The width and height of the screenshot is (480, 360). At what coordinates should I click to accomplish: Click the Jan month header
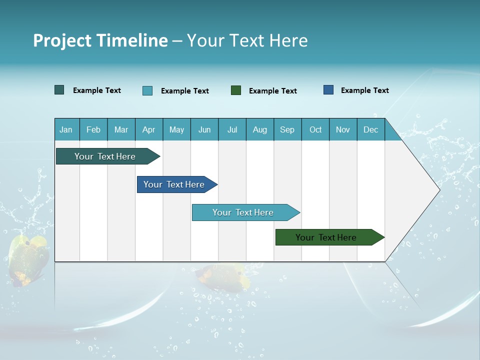click(66, 129)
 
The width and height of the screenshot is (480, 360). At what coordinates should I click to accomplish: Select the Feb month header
click(93, 129)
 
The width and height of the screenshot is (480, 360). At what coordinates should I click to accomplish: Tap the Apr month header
click(149, 129)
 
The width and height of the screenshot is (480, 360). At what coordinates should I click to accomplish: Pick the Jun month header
click(204, 129)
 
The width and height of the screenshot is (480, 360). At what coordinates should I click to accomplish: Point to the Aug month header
click(260, 129)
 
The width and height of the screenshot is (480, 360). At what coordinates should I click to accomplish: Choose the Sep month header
click(287, 129)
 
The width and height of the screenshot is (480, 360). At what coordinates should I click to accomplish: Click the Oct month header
click(315, 129)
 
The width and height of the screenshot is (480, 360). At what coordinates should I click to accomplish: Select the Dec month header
click(371, 129)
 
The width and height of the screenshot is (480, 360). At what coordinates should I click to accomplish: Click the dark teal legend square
click(59, 90)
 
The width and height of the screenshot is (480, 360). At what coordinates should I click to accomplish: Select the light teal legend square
click(147, 90)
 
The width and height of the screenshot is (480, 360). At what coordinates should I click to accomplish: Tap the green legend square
click(236, 90)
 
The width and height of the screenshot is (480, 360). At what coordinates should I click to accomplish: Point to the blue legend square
click(328, 90)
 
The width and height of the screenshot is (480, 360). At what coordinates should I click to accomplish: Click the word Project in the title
click(61, 40)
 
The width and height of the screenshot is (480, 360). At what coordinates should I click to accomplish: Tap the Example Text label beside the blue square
click(365, 90)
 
